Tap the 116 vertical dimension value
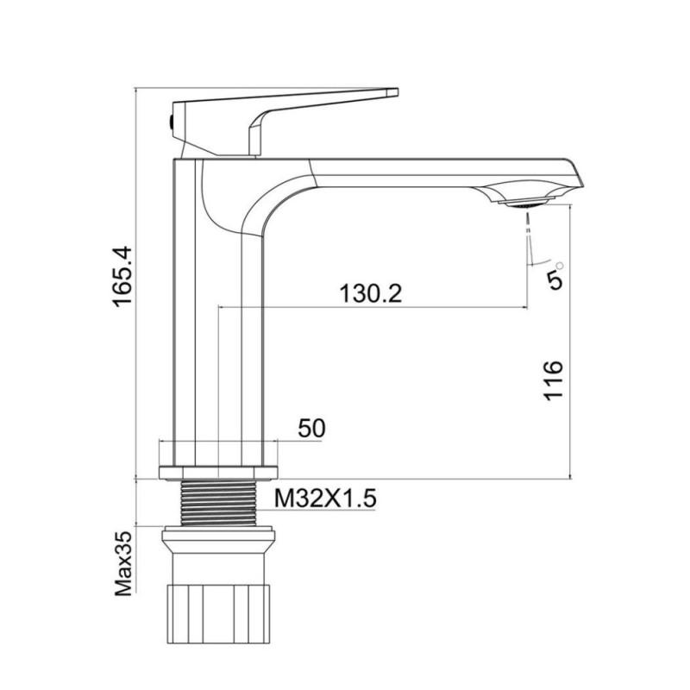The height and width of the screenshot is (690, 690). pos(554,379)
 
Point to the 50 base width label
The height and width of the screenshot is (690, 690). pos(310,429)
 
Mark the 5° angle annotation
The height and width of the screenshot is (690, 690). pos(556,275)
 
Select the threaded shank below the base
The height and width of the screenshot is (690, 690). pos(220,499)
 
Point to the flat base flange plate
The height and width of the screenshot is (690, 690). pos(220,471)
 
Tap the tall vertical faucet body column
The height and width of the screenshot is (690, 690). pos(220,328)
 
